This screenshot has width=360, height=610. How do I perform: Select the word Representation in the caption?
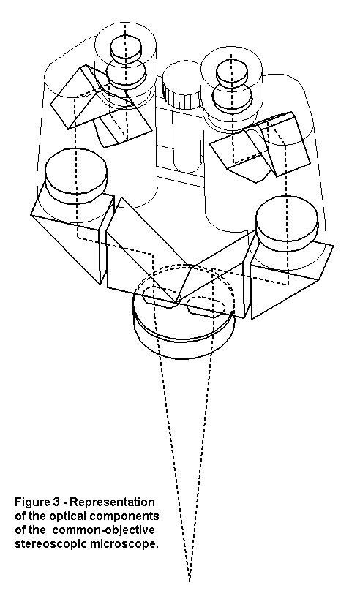112,502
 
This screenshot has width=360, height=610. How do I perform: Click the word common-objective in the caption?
103,530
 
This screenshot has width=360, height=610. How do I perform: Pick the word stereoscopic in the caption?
52,544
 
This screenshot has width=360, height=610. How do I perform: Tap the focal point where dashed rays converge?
189,580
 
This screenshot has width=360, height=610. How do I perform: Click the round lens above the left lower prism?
76,176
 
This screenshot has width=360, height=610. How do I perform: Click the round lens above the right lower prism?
287,223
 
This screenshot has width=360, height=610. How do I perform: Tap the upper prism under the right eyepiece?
260,146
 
